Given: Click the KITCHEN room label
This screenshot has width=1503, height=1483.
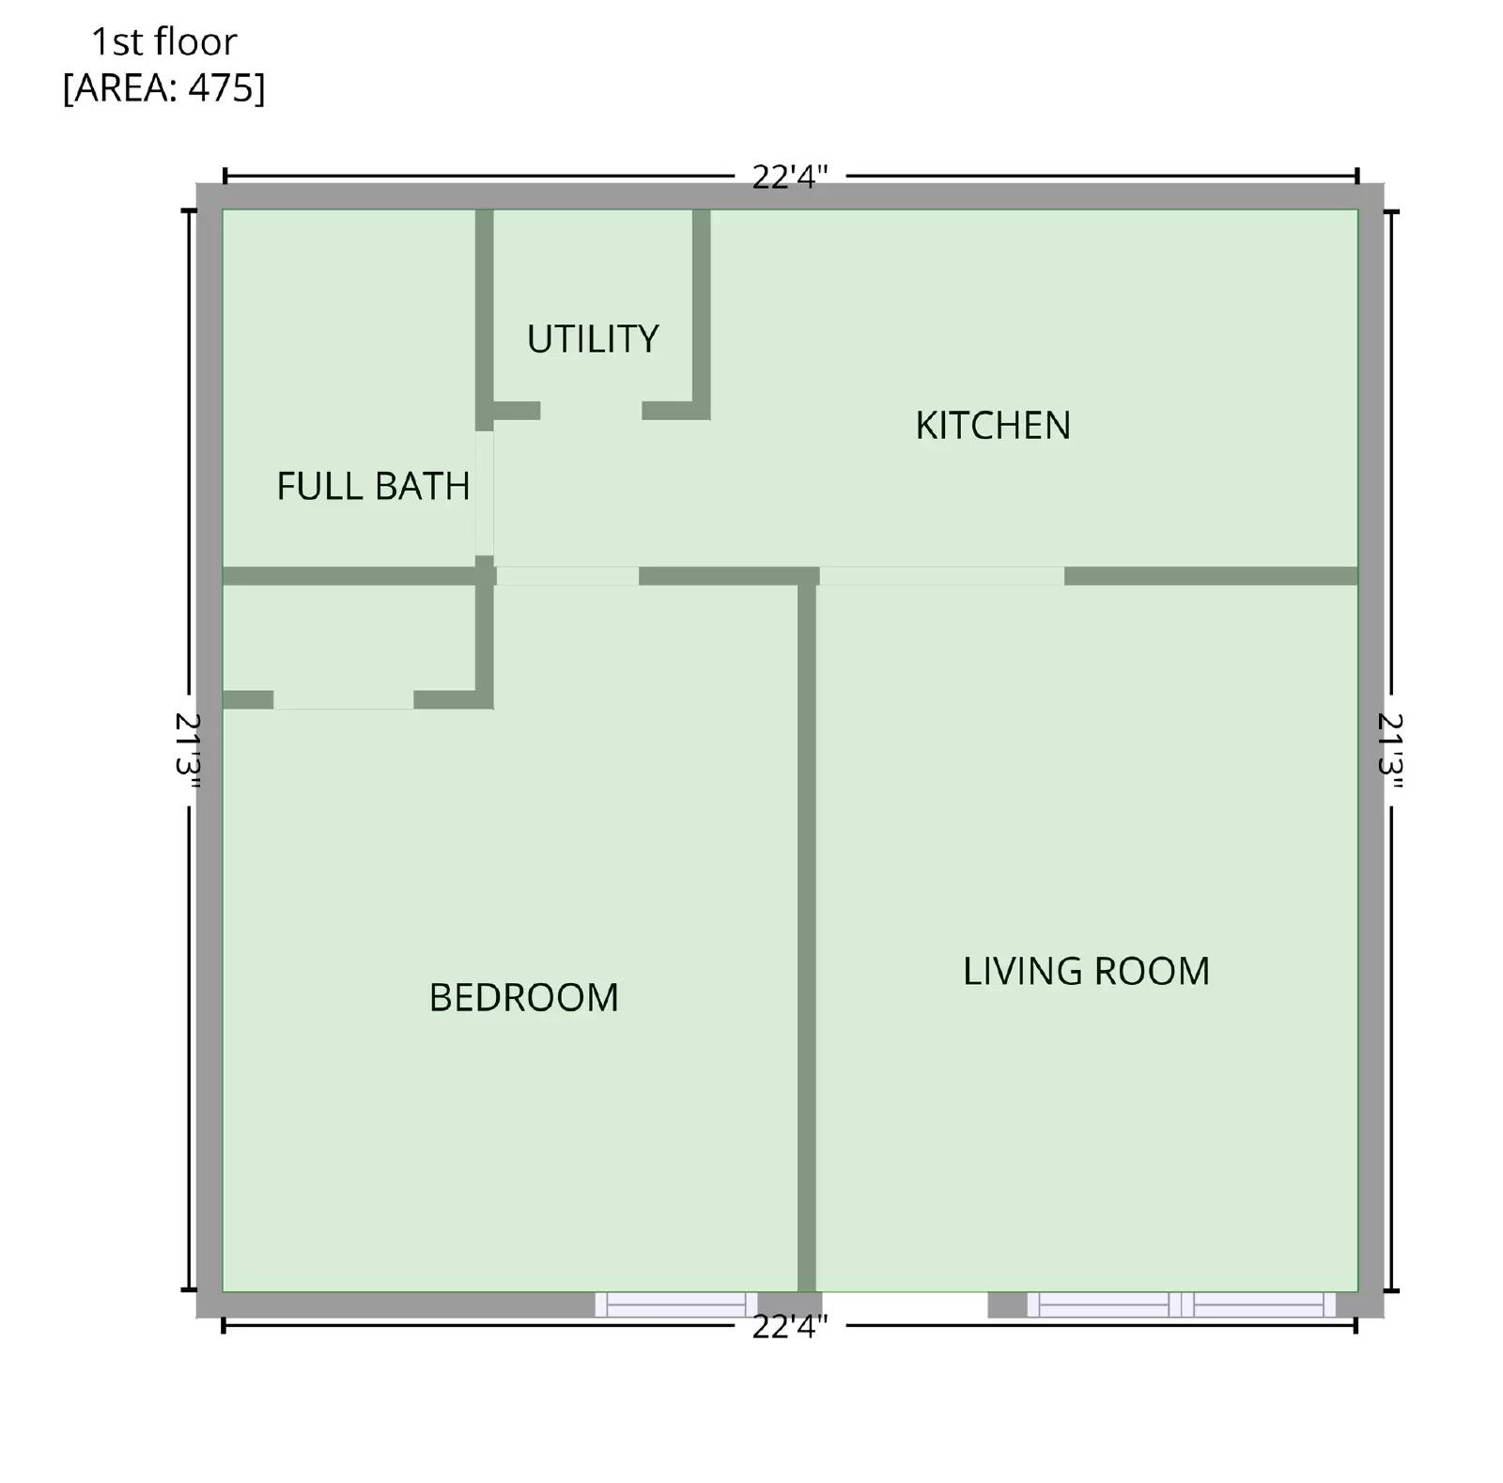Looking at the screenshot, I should point(992,425).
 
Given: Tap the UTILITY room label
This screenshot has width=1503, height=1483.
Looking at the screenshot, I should point(592,338).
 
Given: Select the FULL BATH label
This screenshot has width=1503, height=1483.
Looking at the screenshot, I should point(373,486).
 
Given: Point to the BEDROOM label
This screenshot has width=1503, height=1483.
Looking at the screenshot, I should point(523,997).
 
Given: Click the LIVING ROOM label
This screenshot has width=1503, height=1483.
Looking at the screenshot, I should point(1086,971).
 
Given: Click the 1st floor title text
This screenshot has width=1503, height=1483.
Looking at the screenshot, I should point(163,42).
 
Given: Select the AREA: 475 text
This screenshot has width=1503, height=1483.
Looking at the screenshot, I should point(163,87).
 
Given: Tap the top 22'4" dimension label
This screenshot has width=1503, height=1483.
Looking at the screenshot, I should point(789,177).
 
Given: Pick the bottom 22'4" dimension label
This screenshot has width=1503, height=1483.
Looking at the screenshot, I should point(789,1326).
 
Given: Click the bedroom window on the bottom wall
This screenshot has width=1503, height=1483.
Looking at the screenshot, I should point(675,1303).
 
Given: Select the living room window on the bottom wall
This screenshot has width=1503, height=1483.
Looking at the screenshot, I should point(1181,1303).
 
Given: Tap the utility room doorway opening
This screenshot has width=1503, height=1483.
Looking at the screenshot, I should point(591,411).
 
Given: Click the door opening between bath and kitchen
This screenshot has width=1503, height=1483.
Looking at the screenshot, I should point(484,492).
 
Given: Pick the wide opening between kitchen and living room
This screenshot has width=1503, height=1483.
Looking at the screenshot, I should point(941,576).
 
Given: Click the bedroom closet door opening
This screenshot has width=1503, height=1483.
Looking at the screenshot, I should point(343,700).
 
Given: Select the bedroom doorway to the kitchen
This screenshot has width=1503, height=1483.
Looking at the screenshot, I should point(566,576).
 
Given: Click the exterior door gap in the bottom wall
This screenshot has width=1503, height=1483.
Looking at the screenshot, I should point(904,1303).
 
